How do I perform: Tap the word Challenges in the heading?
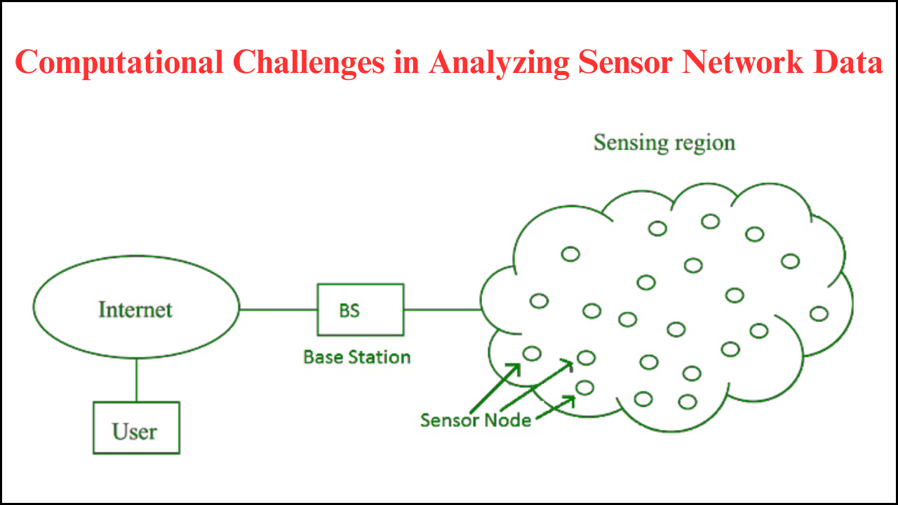308,62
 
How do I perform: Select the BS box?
361,309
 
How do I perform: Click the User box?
136,428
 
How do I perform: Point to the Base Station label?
356,357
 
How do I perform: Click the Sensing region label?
664,142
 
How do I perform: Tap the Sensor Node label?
475,420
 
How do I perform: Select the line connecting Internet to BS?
279,309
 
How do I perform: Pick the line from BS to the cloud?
442,309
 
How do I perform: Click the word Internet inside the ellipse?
135,309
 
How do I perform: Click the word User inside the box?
134,431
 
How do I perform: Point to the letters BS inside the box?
349,310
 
